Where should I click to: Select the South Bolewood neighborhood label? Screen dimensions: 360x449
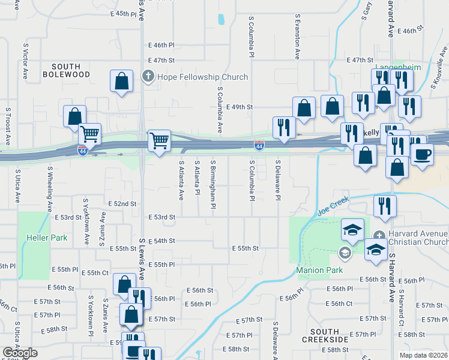click(x=70, y=70)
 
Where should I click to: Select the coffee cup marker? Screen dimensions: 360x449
click(x=422, y=154)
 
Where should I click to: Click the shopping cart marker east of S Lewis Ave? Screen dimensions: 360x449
click(x=159, y=141)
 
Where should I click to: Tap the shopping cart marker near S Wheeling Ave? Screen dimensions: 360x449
click(x=89, y=134)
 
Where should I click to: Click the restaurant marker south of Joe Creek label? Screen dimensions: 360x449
click(x=385, y=206)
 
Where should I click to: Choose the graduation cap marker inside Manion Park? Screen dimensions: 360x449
click(x=353, y=229)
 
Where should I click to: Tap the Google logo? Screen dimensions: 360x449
click(x=20, y=353)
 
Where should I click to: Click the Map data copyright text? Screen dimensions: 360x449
click(x=423, y=355)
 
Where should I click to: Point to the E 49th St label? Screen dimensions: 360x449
click(x=240, y=107)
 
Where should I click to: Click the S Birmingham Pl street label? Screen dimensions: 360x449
click(x=212, y=184)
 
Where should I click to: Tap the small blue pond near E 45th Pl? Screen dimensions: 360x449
click(x=221, y=19)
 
